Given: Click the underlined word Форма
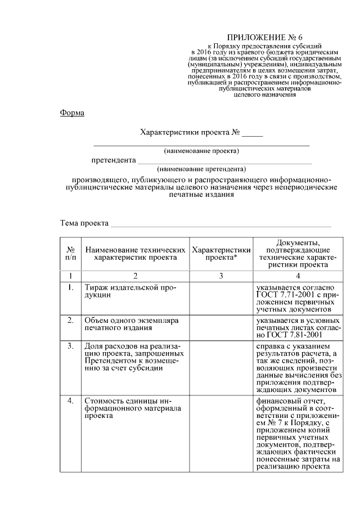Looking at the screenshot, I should click(72, 113).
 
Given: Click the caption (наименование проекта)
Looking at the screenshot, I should click(201, 151).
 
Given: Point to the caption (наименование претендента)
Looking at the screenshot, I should click(201, 169).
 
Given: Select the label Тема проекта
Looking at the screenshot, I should click(84, 223).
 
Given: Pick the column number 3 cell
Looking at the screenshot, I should click(220, 276).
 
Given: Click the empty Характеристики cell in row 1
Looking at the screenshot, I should click(220, 298).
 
